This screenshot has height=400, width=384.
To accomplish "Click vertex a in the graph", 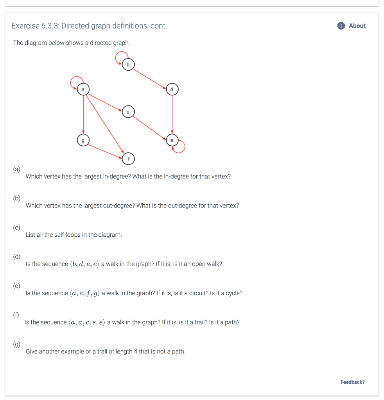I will pyautogui.click(x=83, y=89).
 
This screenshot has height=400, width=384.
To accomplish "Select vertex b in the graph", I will pyautogui.click(x=127, y=64).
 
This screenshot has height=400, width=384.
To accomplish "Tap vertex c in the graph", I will pyautogui.click(x=128, y=112).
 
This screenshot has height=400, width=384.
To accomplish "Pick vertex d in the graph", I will pyautogui.click(x=172, y=89).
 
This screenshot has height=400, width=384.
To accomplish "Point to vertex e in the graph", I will pyautogui.click(x=172, y=140).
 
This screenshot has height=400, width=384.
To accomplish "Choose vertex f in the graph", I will pyautogui.click(x=129, y=158).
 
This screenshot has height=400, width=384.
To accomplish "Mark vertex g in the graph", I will pyautogui.click(x=83, y=140).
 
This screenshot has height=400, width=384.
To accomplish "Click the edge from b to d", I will pyautogui.click(x=150, y=77).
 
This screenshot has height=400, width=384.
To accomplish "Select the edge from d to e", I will pyautogui.click(x=172, y=114).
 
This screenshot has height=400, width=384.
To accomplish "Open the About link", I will pyautogui.click(x=357, y=26).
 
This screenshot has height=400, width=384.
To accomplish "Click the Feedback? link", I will pyautogui.click(x=352, y=382).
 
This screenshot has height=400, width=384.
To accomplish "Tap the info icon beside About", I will pyautogui.click(x=341, y=26).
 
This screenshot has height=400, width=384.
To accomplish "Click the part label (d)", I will pyautogui.click(x=16, y=257).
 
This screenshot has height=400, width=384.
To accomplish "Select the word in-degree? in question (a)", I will pyautogui.click(x=117, y=177).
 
